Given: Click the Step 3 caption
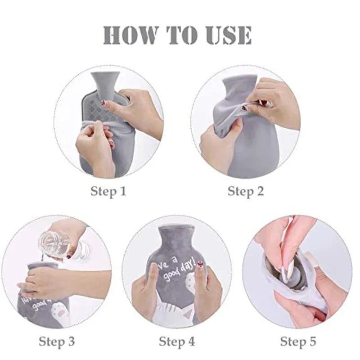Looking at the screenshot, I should point(56,342).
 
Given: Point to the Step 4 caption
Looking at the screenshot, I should point(177,342).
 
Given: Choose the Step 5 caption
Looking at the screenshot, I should point(298,342).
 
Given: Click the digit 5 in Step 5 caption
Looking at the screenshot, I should point(312,342).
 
